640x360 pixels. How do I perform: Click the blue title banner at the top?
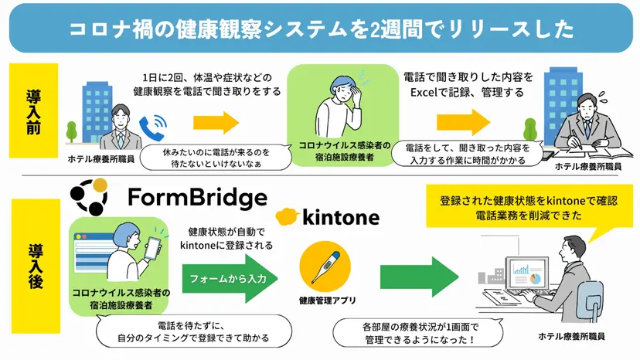tap(320, 29)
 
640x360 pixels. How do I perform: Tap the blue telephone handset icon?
tap(151, 125)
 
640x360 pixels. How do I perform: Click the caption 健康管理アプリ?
tap(325, 301)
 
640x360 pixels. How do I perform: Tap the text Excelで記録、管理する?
tap(467, 92)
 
